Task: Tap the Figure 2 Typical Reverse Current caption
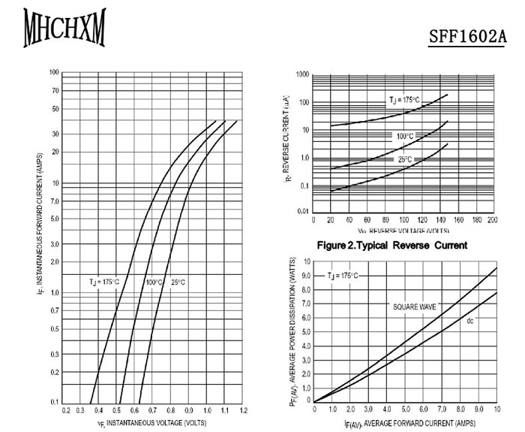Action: [392, 245]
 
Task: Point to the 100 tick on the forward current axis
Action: [55, 73]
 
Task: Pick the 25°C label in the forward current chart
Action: [178, 282]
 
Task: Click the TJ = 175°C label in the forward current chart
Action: [104, 282]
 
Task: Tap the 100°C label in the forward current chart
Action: [154, 282]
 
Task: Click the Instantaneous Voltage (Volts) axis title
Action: [151, 424]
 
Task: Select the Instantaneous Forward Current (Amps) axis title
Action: [38, 237]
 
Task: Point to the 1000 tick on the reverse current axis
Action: [302, 75]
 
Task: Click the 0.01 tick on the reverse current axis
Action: [302, 212]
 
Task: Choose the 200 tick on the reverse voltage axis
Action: [492, 220]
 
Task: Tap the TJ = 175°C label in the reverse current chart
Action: [404, 100]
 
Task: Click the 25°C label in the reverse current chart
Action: [405, 160]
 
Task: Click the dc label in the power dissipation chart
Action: [470, 321]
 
